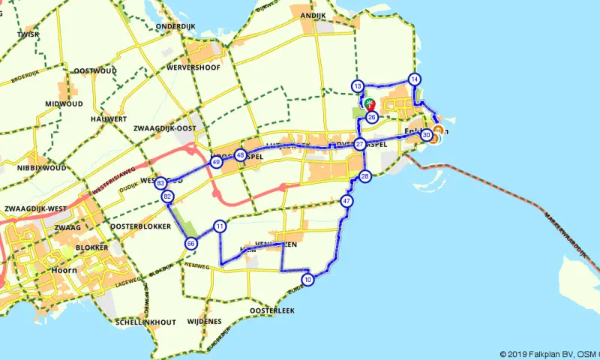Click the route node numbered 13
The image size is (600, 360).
pyautogui.click(x=358, y=86)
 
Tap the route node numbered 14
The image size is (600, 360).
pyautogui.click(x=414, y=79)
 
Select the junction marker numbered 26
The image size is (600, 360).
pyautogui.click(x=371, y=116)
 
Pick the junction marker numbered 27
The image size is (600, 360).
pyautogui.click(x=360, y=144)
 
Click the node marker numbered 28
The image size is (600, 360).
pyautogui.click(x=365, y=176)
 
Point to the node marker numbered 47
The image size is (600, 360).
pyautogui.click(x=346, y=201)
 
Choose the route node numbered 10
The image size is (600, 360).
pyautogui.click(x=308, y=280)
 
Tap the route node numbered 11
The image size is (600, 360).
pyautogui.click(x=220, y=226)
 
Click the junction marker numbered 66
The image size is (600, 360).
pyautogui.click(x=191, y=243)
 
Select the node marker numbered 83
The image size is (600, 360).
pyautogui.click(x=161, y=183)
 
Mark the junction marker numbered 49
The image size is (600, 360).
pyautogui.click(x=216, y=162)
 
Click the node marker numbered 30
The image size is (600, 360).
pyautogui.click(x=426, y=135)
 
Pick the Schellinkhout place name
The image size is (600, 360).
pyautogui.click(x=146, y=322)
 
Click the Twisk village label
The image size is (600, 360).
pyautogui.click(x=27, y=34)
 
